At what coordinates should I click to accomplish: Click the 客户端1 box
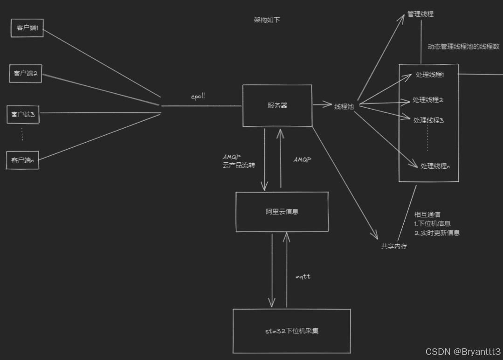tap(27, 28)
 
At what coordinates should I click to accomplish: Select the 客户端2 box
tap(26, 73)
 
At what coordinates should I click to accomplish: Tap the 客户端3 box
tap(23, 114)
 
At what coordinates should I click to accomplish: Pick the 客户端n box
tap(22, 160)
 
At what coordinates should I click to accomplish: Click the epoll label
tap(198, 97)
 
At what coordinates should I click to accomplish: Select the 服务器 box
tap(277, 105)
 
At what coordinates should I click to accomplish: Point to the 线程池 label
tap(344, 106)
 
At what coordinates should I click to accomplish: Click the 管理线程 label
tap(420, 14)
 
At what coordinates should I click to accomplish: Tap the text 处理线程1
tap(429, 75)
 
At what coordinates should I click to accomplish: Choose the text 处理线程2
tap(427, 100)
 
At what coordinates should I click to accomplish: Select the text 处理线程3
tap(428, 120)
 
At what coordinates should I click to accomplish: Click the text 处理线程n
tap(435, 166)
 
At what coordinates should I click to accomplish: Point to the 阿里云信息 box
tap(282, 212)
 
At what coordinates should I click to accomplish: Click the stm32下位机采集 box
tap(291, 331)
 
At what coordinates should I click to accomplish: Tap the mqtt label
tap(303, 277)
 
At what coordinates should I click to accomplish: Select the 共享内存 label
tap(394, 246)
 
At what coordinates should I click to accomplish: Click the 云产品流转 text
tap(239, 166)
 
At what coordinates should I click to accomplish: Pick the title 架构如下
tap(267, 20)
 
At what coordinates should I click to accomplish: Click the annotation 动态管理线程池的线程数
tap(463, 47)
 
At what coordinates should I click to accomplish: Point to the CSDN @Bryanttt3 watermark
tap(463, 352)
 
